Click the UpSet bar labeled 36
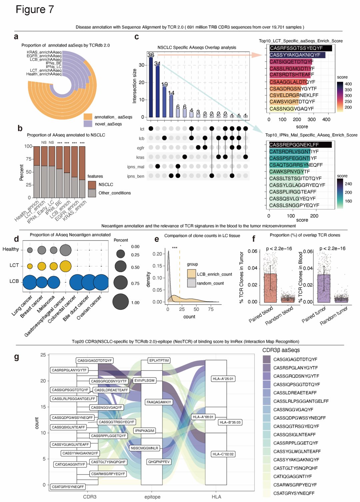[x=151, y=87]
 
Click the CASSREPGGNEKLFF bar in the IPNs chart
[x=300, y=145]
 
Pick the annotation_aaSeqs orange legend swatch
[x=88, y=117]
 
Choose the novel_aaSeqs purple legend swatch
[x=88, y=124]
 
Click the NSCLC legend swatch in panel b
[x=92, y=184]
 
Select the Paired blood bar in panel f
[x=270, y=288]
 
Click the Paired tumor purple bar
[x=324, y=288]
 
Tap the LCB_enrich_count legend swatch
[x=191, y=274]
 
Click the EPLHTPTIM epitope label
[x=159, y=361]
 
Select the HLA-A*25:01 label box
[x=223, y=379]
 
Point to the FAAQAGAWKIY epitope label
[x=159, y=402]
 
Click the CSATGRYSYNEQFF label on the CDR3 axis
[x=68, y=487]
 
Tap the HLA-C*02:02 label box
[x=223, y=454]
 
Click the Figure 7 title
[x=35, y=10]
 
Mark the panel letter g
[x=17, y=357]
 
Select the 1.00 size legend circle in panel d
[x=121, y=302]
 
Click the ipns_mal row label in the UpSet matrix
[x=136, y=167]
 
